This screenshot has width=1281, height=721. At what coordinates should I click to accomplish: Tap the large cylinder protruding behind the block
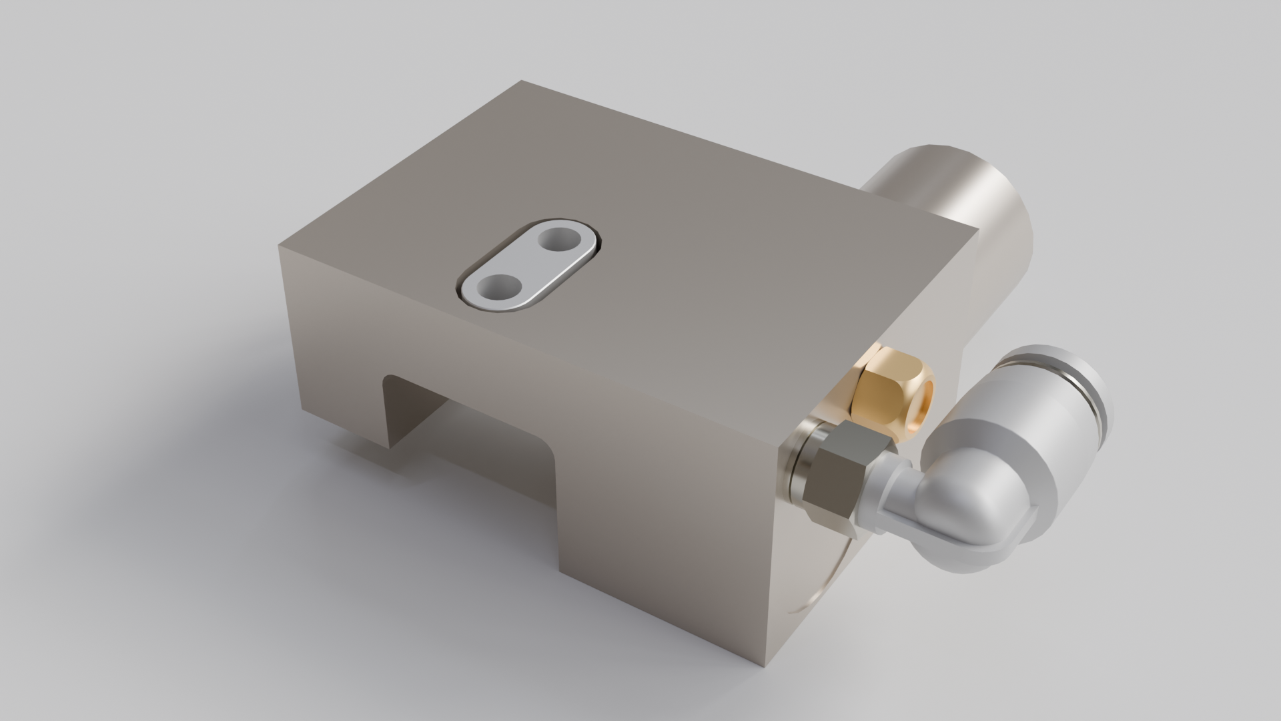pyautogui.click(x=947, y=180)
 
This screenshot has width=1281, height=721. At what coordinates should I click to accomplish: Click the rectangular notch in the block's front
pyautogui.click(x=467, y=427)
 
